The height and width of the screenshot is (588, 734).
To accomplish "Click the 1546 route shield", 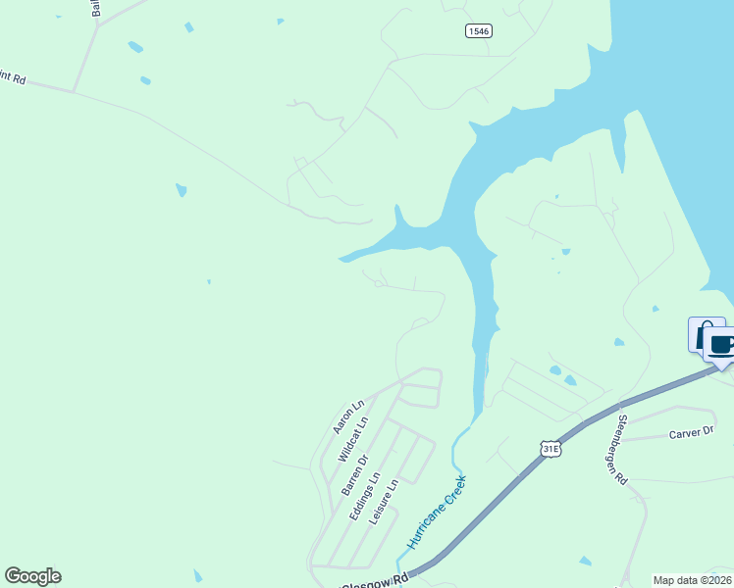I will [x=479, y=31].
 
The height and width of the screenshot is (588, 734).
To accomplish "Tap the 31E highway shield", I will [x=550, y=448].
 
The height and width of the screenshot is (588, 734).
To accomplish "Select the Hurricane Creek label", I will [x=437, y=514].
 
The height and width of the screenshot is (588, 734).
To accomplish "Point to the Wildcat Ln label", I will [x=352, y=439].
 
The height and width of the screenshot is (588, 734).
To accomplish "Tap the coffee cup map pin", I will [x=721, y=345].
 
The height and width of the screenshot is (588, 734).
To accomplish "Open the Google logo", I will [x=32, y=576].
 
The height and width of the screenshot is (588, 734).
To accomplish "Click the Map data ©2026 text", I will [x=692, y=580].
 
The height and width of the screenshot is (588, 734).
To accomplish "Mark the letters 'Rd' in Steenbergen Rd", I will [x=620, y=477].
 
